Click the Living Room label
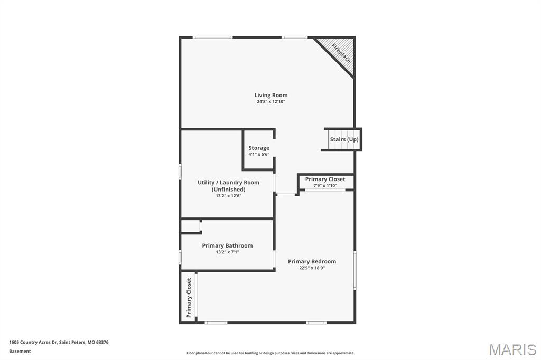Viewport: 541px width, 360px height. (x=271, y=96)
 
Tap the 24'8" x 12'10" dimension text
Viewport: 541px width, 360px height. (x=271, y=102)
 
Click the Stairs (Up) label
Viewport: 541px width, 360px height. (x=344, y=139)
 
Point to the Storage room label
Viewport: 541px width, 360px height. (x=259, y=148)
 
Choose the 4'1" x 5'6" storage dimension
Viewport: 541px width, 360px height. (x=259, y=155)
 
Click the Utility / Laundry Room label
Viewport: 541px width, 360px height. (x=228, y=183)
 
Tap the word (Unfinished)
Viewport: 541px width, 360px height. (x=228, y=190)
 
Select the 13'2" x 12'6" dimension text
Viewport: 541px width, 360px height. (x=228, y=196)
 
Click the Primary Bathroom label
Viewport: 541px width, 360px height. (x=227, y=245)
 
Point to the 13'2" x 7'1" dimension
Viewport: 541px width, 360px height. (x=227, y=252)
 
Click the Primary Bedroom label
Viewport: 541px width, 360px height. (x=312, y=261)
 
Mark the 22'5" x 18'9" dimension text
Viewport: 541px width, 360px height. (x=312, y=268)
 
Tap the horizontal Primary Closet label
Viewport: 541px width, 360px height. (x=325, y=179)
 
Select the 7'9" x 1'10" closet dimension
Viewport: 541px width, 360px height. (x=325, y=186)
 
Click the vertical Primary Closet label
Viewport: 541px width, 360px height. (x=189, y=298)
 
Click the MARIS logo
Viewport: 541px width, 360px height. (x=512, y=349)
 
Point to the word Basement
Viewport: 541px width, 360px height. (x=20, y=351)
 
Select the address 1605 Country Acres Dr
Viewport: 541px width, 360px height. (x=59, y=342)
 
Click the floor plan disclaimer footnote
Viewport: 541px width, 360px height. (x=270, y=353)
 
